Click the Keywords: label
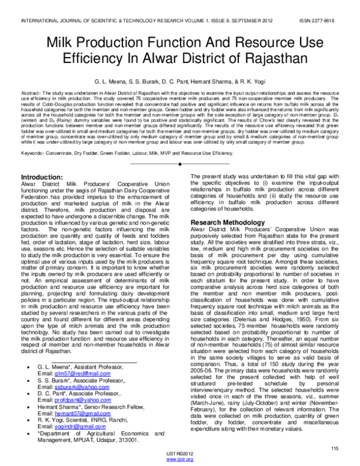pyautogui.click(x=34, y=153)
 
